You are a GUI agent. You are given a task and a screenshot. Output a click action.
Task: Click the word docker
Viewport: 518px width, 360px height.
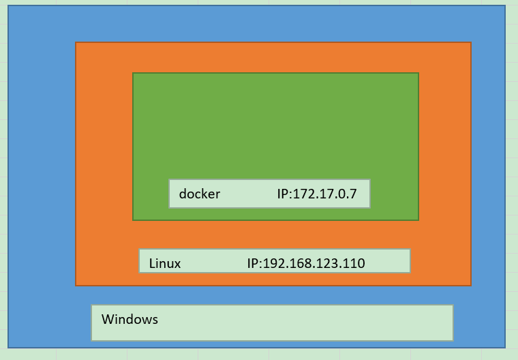[x=199, y=194]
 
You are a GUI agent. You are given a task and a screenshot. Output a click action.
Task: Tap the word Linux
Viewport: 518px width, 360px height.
[x=165, y=263]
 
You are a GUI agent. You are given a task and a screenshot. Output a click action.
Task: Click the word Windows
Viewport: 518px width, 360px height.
[x=129, y=319]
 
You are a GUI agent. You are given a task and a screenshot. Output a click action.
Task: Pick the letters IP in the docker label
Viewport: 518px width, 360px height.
[x=283, y=194]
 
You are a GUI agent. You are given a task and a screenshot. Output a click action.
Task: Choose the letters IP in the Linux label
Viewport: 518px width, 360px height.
[x=253, y=263]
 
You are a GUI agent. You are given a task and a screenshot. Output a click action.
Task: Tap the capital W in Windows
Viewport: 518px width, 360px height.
[x=107, y=319]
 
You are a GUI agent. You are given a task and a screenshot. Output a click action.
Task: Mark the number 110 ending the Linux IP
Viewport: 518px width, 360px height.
[x=354, y=263]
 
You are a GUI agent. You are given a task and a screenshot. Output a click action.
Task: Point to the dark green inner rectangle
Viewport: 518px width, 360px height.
[x=275, y=123]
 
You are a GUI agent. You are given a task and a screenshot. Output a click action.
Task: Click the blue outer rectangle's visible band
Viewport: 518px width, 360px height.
[x=41, y=177]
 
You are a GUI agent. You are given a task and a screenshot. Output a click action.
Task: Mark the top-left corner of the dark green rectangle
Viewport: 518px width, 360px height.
[x=133, y=73]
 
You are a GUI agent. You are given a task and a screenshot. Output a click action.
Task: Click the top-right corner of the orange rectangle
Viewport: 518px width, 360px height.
[x=471, y=42]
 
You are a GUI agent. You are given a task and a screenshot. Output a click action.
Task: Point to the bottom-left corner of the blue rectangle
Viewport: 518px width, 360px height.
[x=8, y=348]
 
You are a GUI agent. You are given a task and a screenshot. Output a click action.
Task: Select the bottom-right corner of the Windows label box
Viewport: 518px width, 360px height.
[x=453, y=340]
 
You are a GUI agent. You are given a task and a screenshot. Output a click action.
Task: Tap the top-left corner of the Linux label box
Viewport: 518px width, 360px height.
[x=139, y=249]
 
